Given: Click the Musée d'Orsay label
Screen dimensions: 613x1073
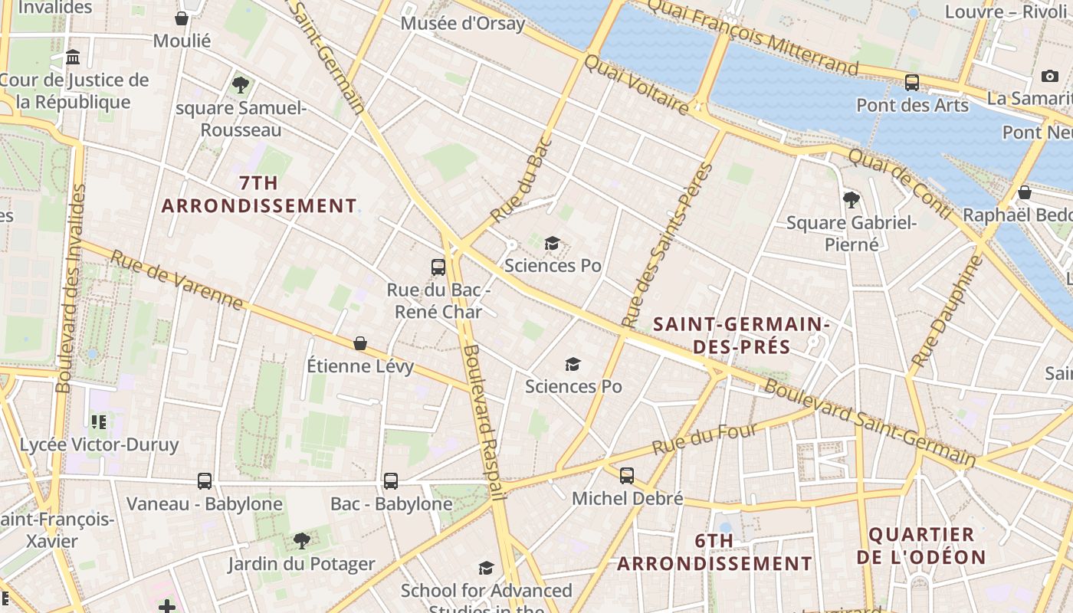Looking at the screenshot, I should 463,23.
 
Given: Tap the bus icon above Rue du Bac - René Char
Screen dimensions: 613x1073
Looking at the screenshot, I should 438,267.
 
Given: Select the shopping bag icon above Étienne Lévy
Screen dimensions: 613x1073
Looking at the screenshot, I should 360,343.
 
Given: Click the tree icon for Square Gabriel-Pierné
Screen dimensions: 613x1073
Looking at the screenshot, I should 851,201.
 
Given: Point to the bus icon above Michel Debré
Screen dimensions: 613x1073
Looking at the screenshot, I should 627,476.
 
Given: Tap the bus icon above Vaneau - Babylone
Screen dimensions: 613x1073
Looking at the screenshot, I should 205,481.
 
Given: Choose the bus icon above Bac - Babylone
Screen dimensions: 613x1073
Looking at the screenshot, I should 391,481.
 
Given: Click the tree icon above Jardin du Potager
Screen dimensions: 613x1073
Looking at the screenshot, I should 302,541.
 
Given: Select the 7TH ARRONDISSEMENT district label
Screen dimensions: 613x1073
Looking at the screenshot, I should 259,195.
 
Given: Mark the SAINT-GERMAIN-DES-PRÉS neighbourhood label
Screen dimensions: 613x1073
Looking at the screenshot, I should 741,336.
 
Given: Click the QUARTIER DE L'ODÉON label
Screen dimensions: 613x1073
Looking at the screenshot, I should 920,546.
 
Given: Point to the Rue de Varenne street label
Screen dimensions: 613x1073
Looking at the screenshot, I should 177,280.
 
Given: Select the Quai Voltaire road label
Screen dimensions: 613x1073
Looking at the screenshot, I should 636,84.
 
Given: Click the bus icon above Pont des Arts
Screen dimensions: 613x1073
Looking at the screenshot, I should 912,83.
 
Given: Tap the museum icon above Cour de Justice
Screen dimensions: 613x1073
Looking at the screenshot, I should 74,57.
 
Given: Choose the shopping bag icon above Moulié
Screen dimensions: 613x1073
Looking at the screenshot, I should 182,18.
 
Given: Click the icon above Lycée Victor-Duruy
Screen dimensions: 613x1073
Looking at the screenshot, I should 98,421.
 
